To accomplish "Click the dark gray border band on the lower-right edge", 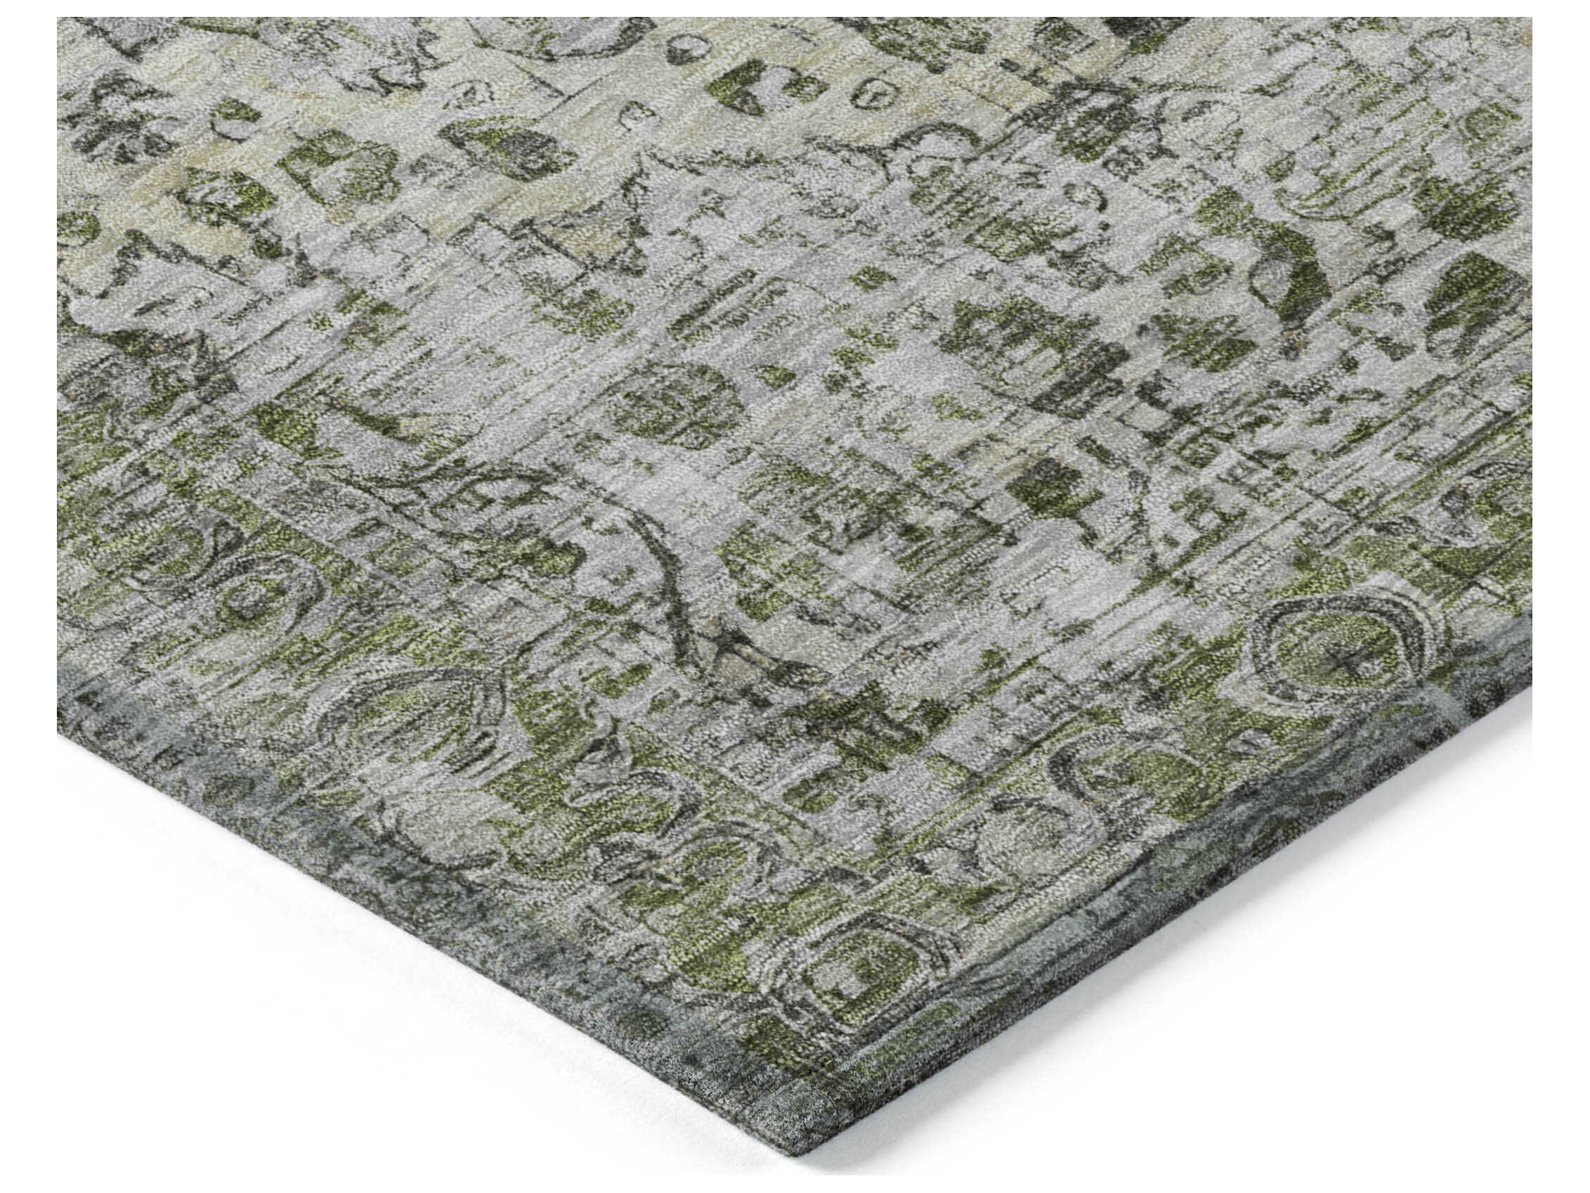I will click(1222, 863).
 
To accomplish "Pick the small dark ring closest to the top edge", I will click(679, 49).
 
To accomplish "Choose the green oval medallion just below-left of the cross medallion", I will click(1121, 784).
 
